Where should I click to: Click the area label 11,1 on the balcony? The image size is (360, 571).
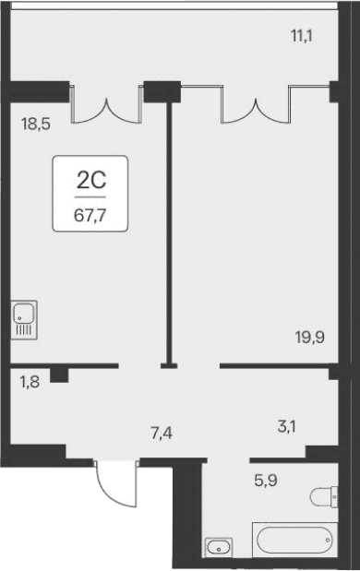pyautogui.click(x=301, y=37)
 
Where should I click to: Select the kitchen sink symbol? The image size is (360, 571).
pyautogui.click(x=24, y=319)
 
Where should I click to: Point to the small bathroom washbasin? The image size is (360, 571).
pyautogui.click(x=218, y=547)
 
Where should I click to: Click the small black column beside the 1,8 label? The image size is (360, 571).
pyautogui.click(x=60, y=374)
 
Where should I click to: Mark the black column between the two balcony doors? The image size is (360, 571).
pyautogui.click(x=162, y=92)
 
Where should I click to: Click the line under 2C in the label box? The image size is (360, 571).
pyautogui.click(x=89, y=196)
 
